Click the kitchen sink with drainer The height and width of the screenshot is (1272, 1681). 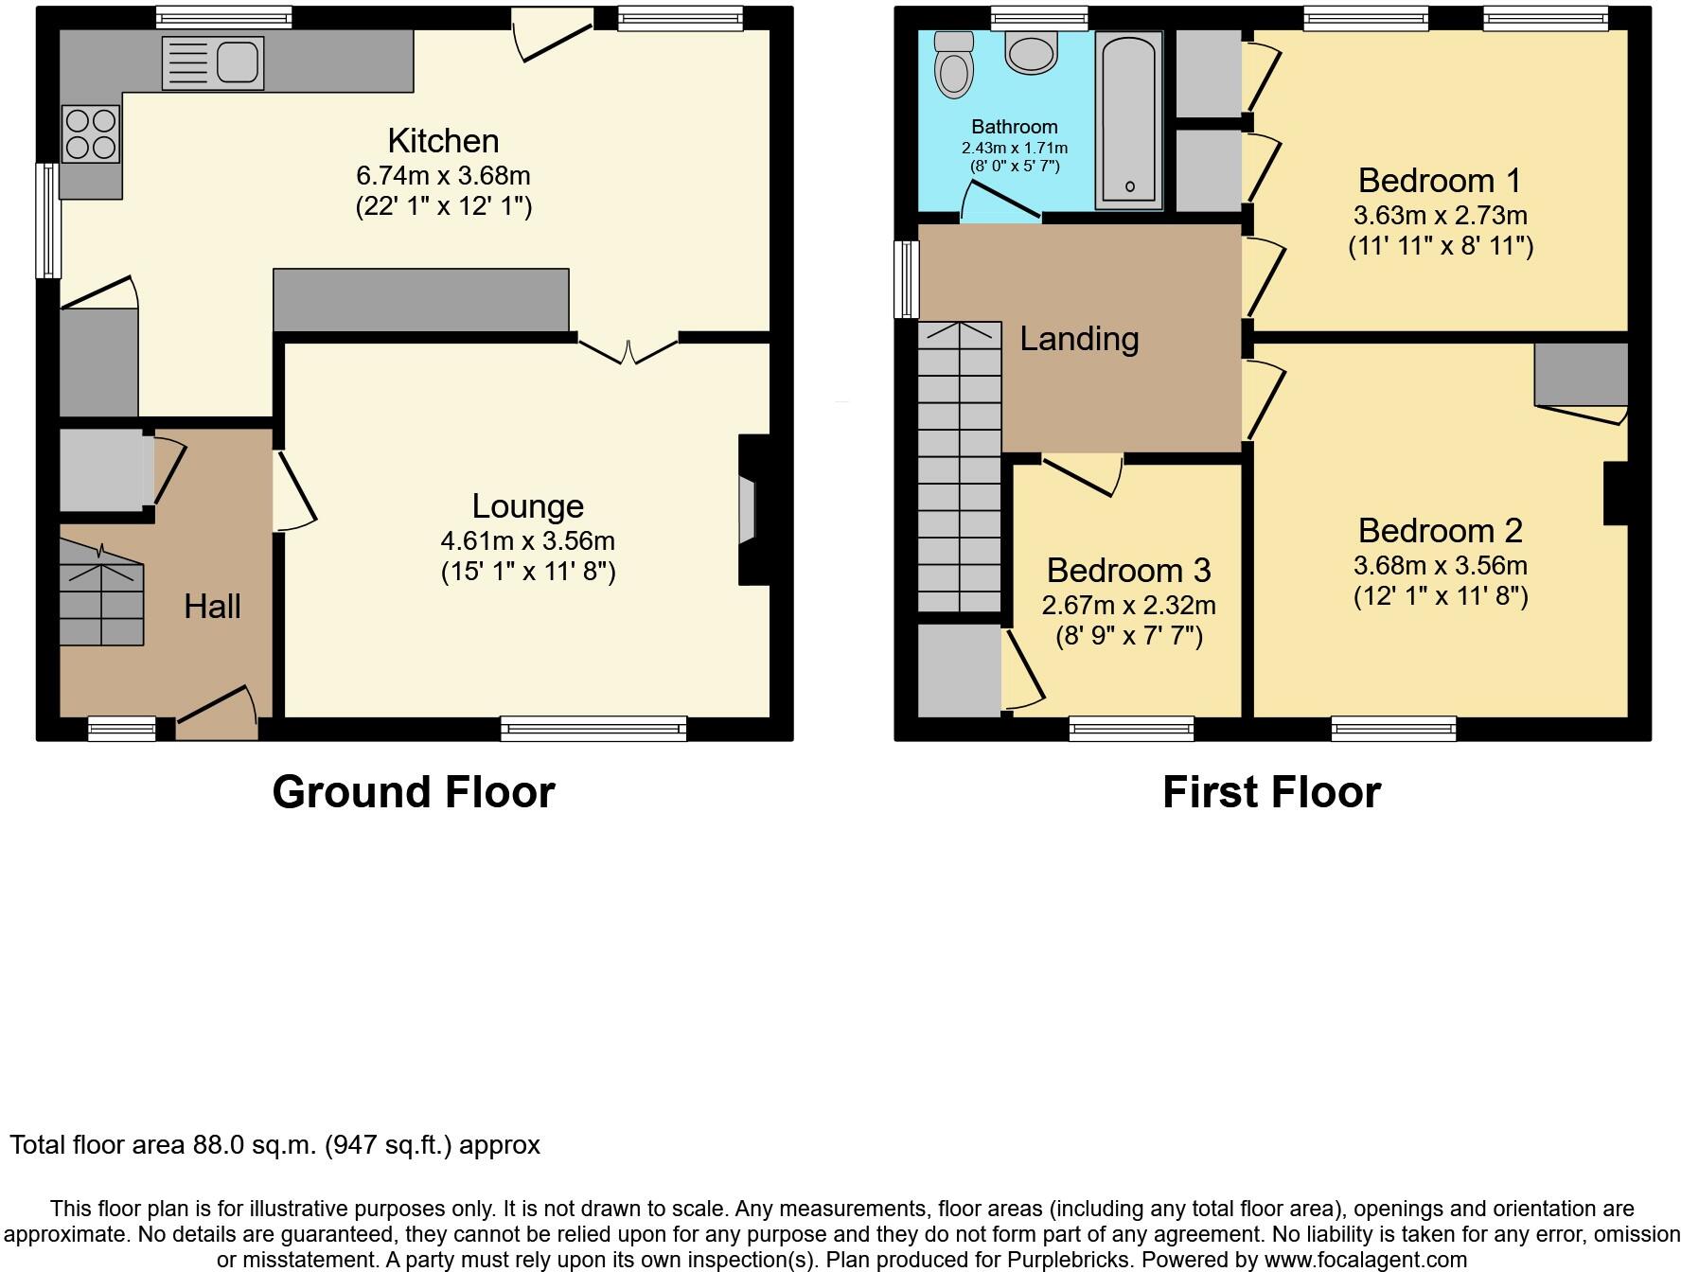tap(213, 63)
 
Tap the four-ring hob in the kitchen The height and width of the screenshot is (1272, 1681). tap(91, 133)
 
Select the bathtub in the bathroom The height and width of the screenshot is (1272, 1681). tap(1128, 120)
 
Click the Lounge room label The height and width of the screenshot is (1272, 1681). tap(527, 506)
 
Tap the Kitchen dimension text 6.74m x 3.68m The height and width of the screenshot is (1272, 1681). tap(443, 176)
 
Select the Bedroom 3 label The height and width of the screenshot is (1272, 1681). tap(1128, 571)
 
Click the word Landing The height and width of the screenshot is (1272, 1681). tap(1078, 339)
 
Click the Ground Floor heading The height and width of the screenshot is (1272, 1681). tap(414, 792)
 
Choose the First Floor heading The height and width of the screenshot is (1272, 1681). tap(1271, 792)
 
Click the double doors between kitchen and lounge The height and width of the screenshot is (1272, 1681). tap(628, 348)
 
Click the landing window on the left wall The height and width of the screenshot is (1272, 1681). tap(907, 279)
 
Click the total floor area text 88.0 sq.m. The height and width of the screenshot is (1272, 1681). tap(274, 1145)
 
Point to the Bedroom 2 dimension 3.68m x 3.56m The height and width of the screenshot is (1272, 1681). tap(1440, 566)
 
